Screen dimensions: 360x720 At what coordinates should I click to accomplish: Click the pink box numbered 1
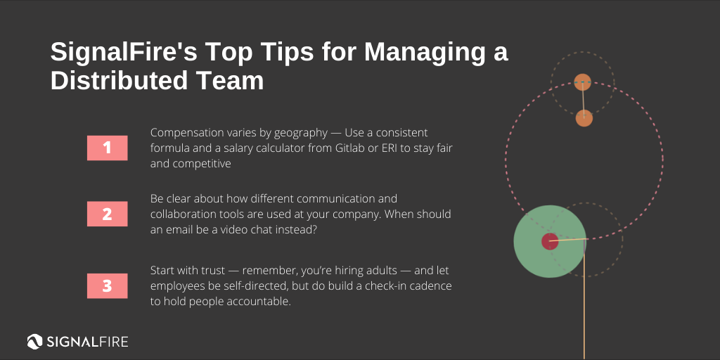tap(107, 148)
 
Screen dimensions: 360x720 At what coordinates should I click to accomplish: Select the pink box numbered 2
tap(107, 214)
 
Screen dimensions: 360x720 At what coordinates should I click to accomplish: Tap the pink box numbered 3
tap(107, 285)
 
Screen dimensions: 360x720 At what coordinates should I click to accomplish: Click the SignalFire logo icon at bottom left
tap(35, 342)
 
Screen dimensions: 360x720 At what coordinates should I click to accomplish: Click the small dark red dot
tap(550, 242)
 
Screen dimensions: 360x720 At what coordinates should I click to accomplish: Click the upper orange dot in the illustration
tap(582, 82)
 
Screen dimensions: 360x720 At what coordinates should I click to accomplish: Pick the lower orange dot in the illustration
tap(584, 118)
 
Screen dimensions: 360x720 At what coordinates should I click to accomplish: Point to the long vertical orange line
tap(585, 309)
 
